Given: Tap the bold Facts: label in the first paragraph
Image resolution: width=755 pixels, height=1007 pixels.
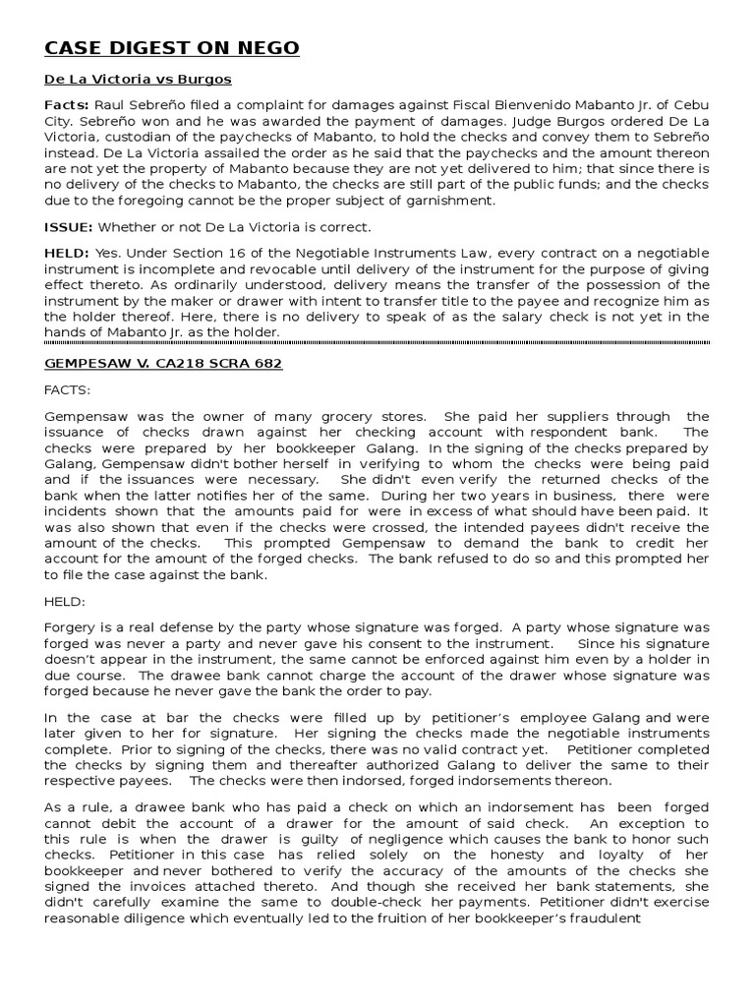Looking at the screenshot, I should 67,105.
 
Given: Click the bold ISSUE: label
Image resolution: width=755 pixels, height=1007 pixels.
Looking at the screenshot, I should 67,227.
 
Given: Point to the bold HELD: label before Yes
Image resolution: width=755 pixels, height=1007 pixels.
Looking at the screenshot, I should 67,253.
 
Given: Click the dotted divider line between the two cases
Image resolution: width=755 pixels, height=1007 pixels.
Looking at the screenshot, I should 377,341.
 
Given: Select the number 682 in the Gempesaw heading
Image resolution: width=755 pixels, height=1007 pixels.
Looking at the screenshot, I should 265,364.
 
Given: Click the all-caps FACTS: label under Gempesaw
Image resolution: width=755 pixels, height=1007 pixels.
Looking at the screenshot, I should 67,389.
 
